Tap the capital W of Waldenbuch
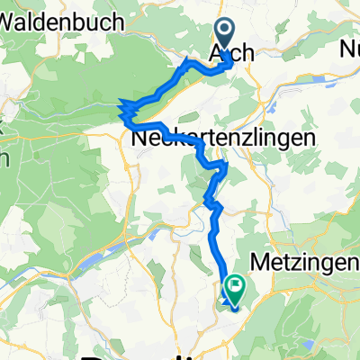click(x=12, y=24)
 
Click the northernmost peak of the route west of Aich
click(x=187, y=60)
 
